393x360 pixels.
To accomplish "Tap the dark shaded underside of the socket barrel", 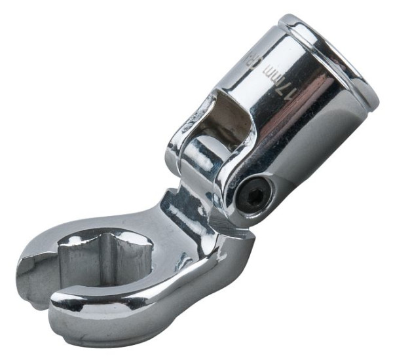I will click(x=308, y=157).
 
